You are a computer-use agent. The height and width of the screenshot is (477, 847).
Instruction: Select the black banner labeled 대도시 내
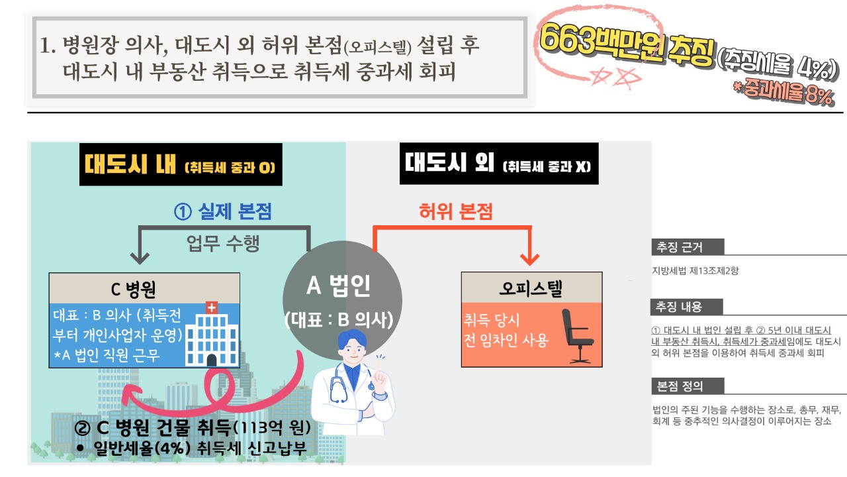pos(181,164)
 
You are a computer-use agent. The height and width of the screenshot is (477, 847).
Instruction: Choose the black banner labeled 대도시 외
pos(499,164)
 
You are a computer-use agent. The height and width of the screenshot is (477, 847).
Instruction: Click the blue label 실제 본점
pos(223,211)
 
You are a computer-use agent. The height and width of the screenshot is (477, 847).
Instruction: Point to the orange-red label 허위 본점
pos(456,211)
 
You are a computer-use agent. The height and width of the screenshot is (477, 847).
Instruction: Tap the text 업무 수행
pos(223,243)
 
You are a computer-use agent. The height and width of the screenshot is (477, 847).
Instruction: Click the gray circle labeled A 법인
pos(342,300)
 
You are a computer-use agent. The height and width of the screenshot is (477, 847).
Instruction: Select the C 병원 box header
pos(144,288)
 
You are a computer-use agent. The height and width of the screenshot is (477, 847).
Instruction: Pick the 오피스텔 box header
pos(531,288)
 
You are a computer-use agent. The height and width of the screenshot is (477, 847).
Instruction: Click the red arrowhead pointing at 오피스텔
pos(530,259)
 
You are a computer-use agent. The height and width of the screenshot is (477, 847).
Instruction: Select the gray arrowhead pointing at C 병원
pos(140,258)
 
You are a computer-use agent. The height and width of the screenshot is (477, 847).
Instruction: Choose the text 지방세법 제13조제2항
pos(695,271)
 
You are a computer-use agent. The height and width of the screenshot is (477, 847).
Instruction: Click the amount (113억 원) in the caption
pos(271,428)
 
